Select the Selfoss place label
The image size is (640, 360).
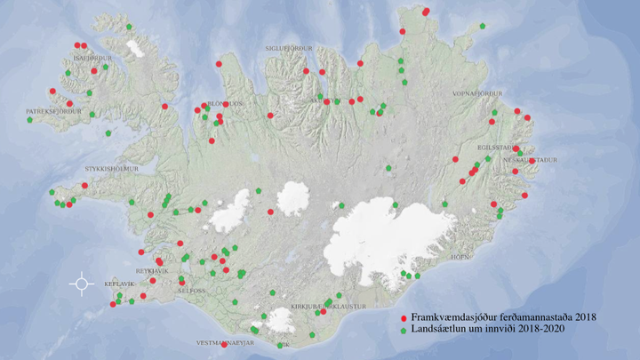(x=192, y=291)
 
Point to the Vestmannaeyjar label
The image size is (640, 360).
(x=225, y=341)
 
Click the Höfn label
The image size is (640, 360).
(x=460, y=256)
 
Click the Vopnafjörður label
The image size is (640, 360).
(x=478, y=93)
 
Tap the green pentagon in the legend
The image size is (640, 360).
(x=404, y=329)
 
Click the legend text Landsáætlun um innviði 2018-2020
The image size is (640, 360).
(x=488, y=329)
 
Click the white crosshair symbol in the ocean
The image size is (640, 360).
(x=82, y=284)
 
